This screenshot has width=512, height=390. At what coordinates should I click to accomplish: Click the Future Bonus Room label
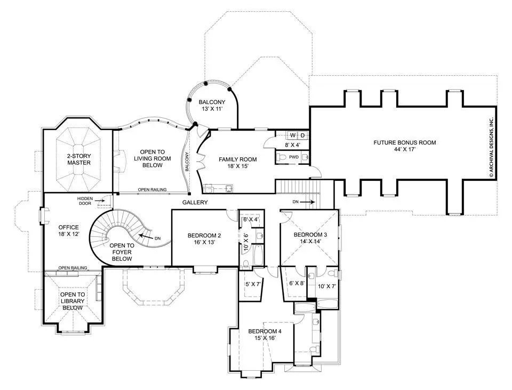[x=405, y=146]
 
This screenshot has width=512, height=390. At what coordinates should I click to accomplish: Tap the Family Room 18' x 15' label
[x=238, y=163]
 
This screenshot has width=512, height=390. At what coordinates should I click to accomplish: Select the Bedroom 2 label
[x=204, y=239]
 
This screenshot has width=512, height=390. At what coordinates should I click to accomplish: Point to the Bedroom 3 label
[x=310, y=238]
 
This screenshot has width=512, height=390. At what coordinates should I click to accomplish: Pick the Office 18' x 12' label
[x=69, y=230]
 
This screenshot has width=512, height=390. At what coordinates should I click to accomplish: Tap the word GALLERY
[x=195, y=203]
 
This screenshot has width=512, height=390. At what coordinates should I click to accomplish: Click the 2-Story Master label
[x=79, y=160]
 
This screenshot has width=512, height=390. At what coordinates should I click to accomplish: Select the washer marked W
[x=293, y=135]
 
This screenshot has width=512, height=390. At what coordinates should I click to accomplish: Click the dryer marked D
[x=303, y=135]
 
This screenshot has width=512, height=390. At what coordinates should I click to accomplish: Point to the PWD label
[x=294, y=157]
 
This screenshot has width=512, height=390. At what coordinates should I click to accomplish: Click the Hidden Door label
[x=85, y=201]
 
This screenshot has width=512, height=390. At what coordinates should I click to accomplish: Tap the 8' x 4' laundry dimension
[x=292, y=145]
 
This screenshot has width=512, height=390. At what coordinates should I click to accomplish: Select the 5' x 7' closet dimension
[x=253, y=284]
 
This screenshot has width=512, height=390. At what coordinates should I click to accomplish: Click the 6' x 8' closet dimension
[x=297, y=283]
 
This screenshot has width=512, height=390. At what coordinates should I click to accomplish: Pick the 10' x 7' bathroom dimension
[x=327, y=286]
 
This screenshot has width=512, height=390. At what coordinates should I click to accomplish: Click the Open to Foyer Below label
[x=122, y=252]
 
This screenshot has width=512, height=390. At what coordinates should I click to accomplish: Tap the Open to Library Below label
[x=73, y=301]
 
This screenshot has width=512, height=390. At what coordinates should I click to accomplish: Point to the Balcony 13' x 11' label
[x=212, y=106]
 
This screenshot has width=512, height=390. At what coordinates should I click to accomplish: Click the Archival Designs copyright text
[x=491, y=147]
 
